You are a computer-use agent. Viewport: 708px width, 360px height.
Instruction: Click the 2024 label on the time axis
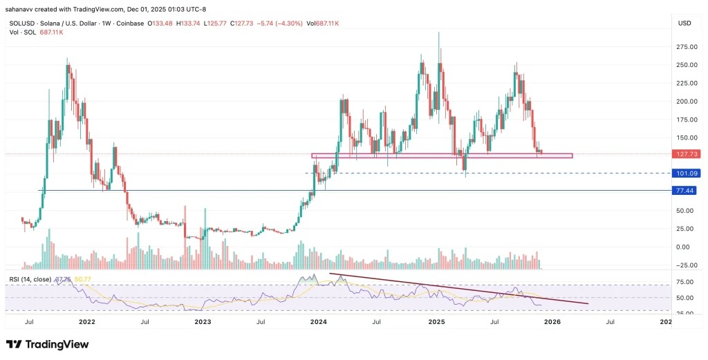(318, 321)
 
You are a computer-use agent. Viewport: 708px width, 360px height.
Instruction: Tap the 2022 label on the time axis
(87, 321)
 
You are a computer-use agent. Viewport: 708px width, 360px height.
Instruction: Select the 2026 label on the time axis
(551, 321)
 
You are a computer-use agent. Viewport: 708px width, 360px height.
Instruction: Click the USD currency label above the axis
(685, 23)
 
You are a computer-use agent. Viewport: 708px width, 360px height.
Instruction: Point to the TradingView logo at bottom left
(48, 344)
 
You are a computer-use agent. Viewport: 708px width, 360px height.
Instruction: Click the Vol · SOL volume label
(19, 32)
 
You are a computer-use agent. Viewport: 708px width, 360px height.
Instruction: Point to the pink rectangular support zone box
(442, 155)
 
